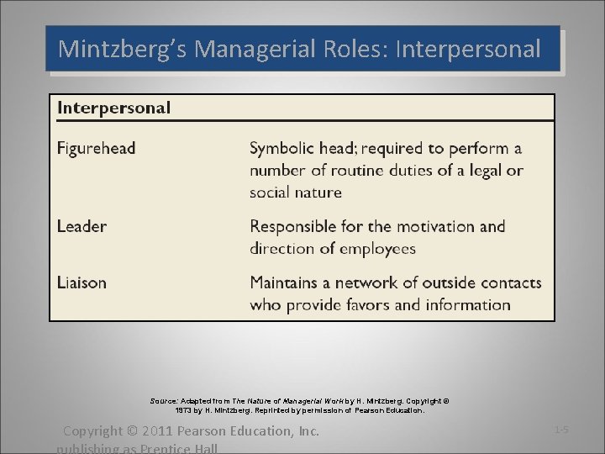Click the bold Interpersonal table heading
(x=113, y=108)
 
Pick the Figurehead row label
(x=96, y=149)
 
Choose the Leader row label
(x=82, y=226)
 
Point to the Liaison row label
(x=82, y=282)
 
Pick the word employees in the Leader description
(x=376, y=249)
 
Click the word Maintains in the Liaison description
(x=286, y=282)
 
